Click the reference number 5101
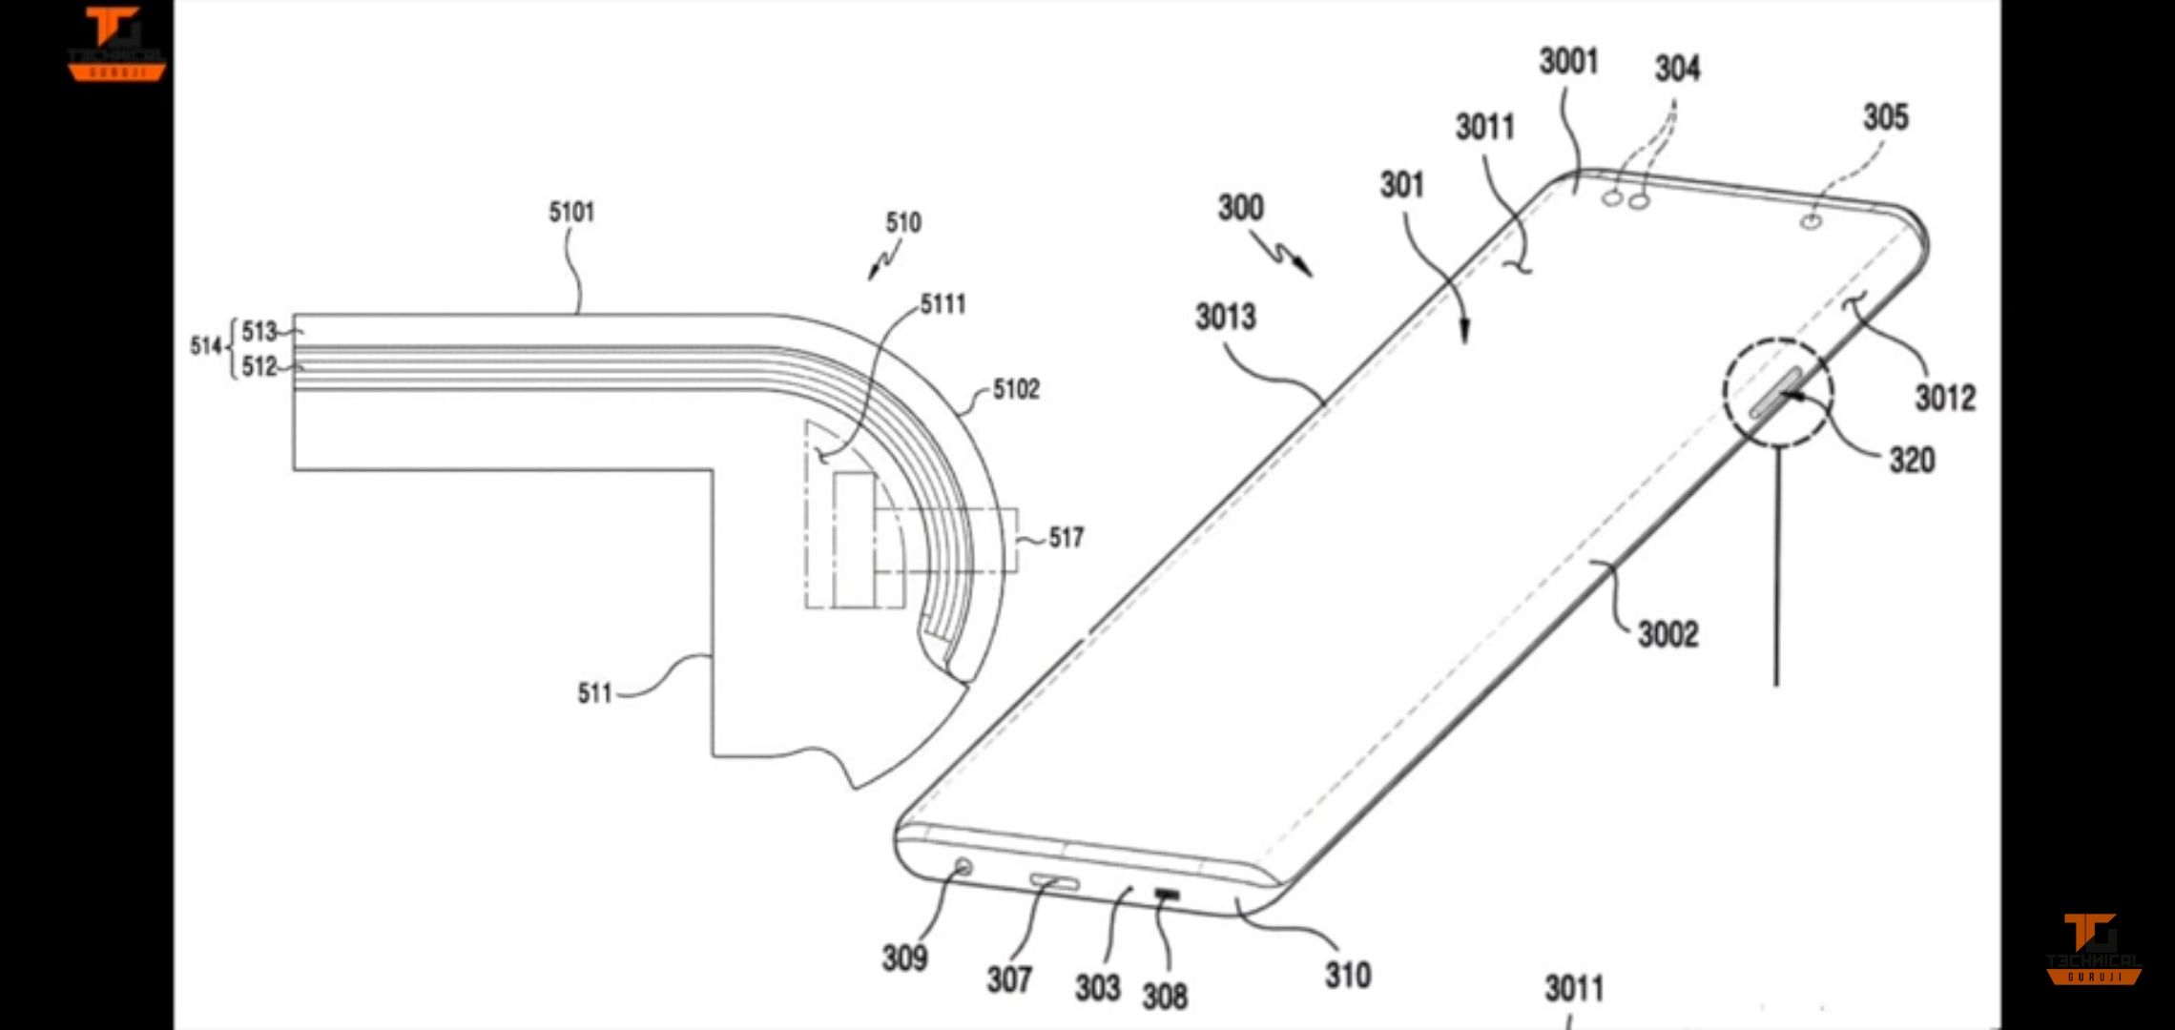[x=571, y=212]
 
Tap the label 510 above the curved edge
[x=902, y=223]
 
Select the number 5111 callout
[x=942, y=304]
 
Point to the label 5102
[x=1016, y=389]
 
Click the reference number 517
[x=1067, y=538]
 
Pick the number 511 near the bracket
[x=594, y=692]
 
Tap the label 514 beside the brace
[x=205, y=346]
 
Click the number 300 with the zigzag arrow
[x=1241, y=208]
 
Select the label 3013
[x=1226, y=317]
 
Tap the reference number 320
[x=1912, y=461]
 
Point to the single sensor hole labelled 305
[x=1812, y=222]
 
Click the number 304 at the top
[x=1677, y=69]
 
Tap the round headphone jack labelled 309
[x=963, y=867]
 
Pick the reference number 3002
[x=1667, y=634]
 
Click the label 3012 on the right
[x=1945, y=397]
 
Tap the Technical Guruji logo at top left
[x=116, y=43]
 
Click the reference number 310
[x=1347, y=975]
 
